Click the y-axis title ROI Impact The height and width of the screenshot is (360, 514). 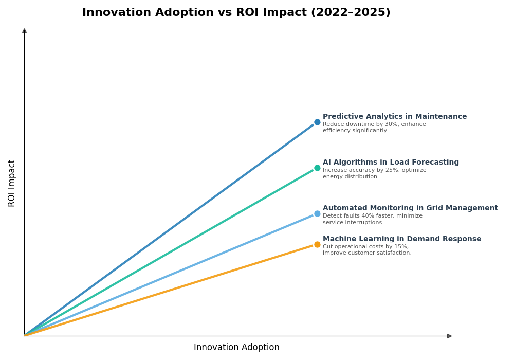12,183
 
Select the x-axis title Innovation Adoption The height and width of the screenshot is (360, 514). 236,348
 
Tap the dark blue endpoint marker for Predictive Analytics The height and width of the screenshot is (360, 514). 317,122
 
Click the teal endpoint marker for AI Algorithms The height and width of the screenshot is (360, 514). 317,168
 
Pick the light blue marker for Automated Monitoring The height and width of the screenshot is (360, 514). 317,214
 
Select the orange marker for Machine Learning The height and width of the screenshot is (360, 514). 317,245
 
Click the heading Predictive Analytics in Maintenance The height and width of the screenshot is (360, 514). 394,117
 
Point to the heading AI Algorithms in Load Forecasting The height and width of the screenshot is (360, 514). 391,163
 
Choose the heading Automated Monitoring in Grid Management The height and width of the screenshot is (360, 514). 410,208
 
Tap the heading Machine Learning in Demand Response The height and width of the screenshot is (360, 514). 402,239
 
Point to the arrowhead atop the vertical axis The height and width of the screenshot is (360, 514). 24,31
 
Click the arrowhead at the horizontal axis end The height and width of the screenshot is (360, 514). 449,336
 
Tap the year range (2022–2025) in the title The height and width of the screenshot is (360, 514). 351,13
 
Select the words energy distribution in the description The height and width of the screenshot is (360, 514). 350,177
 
